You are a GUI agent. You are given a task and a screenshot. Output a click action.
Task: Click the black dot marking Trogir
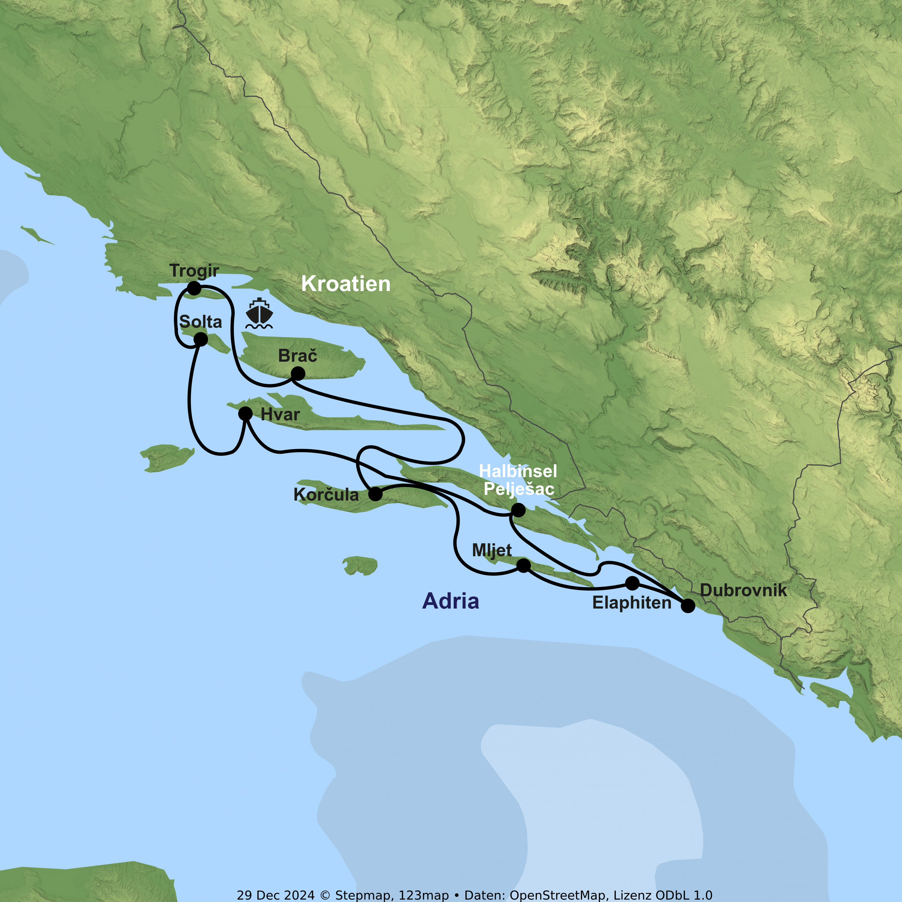tap(194, 288)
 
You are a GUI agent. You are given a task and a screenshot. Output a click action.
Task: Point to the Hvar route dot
tap(245, 414)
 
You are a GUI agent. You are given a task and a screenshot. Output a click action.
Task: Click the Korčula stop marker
tap(375, 494)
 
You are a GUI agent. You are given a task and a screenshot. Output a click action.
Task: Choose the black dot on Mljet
tap(523, 565)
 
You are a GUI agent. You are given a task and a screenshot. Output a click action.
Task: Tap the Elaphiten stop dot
tap(632, 583)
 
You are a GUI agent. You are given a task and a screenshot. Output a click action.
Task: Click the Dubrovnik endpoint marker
tap(688, 606)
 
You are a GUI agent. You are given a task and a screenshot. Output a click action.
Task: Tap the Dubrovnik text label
tap(743, 590)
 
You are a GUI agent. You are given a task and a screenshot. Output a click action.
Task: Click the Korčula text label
tap(326, 495)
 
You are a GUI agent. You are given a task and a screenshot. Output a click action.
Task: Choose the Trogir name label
tap(194, 270)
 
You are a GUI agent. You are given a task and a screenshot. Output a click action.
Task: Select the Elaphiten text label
tap(632, 603)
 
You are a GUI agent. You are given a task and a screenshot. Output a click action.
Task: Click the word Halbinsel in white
tap(518, 471)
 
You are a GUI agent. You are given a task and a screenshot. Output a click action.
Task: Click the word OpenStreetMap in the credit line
tap(558, 895)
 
